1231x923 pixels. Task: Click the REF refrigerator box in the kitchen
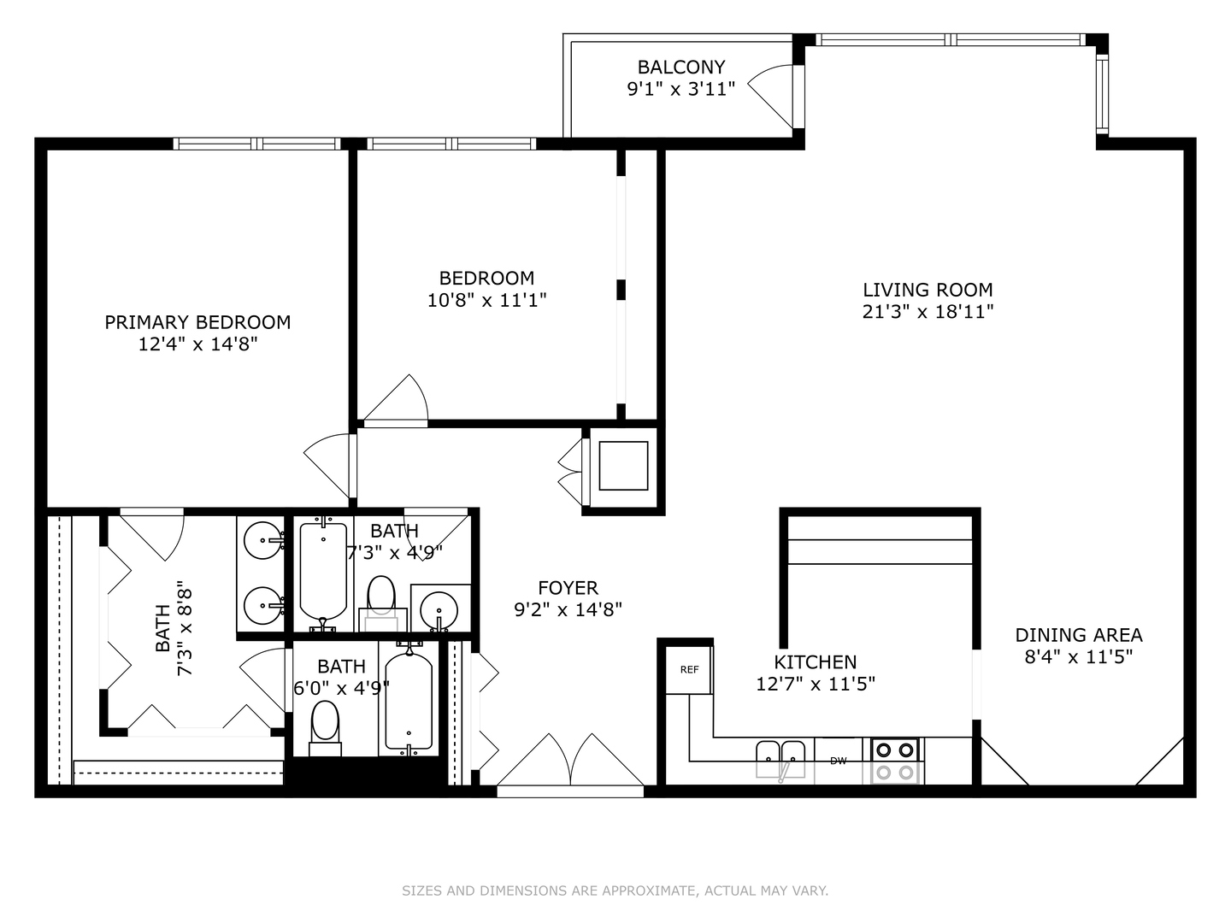tap(689, 669)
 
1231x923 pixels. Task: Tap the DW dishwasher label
tap(838, 761)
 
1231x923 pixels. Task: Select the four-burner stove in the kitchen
tap(895, 761)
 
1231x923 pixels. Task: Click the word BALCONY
tap(680, 67)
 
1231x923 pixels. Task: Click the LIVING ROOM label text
tap(928, 290)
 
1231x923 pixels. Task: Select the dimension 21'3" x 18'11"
tap(928, 312)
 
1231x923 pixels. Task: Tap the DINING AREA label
tap(1078, 635)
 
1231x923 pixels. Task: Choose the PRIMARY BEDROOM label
tap(197, 322)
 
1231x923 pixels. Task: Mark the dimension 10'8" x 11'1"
tap(486, 300)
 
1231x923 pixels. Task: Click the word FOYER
tap(568, 588)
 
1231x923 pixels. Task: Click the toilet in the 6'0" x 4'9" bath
tap(325, 726)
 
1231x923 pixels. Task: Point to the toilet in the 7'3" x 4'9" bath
tap(381, 597)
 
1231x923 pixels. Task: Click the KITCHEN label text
tap(815, 662)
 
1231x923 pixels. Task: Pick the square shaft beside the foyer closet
tap(623, 466)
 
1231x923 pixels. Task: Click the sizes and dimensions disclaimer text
tap(615, 891)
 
